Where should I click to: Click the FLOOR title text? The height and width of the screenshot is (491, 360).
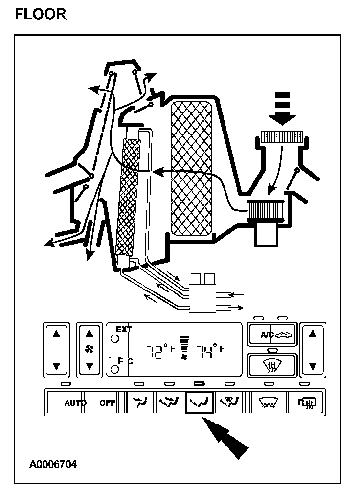41,14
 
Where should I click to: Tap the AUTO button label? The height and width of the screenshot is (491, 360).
75,403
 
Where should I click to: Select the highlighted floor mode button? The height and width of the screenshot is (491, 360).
200,403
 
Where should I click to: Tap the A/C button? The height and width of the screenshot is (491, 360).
272,335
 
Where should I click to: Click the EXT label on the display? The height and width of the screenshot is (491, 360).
124,330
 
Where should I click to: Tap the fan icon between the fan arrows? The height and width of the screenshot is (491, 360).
89,349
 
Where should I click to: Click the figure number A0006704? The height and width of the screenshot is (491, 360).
53,464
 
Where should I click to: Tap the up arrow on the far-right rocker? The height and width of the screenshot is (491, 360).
313,335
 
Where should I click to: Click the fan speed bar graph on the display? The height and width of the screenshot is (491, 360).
184,344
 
